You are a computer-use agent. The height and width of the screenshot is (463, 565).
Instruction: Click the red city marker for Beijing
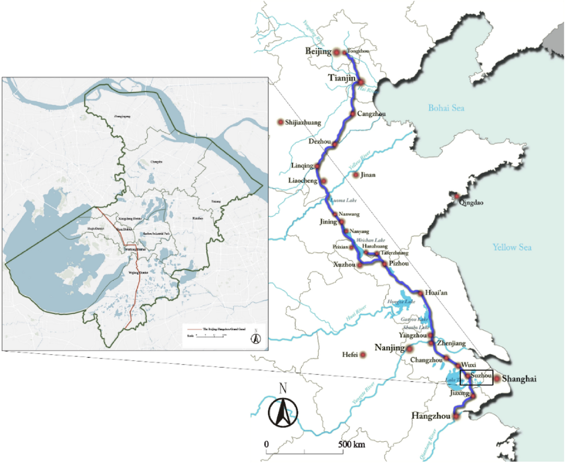[x=337, y=52]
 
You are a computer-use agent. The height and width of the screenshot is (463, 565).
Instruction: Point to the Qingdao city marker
[x=456, y=195]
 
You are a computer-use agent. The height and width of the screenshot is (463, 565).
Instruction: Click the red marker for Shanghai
[x=497, y=378]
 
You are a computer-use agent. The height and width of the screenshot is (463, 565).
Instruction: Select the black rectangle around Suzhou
[x=476, y=377]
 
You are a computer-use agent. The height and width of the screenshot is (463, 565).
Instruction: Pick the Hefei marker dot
[x=363, y=355]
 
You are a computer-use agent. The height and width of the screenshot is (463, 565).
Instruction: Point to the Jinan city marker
[x=355, y=175]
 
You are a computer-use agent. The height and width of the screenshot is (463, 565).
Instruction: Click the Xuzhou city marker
[x=360, y=266]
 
